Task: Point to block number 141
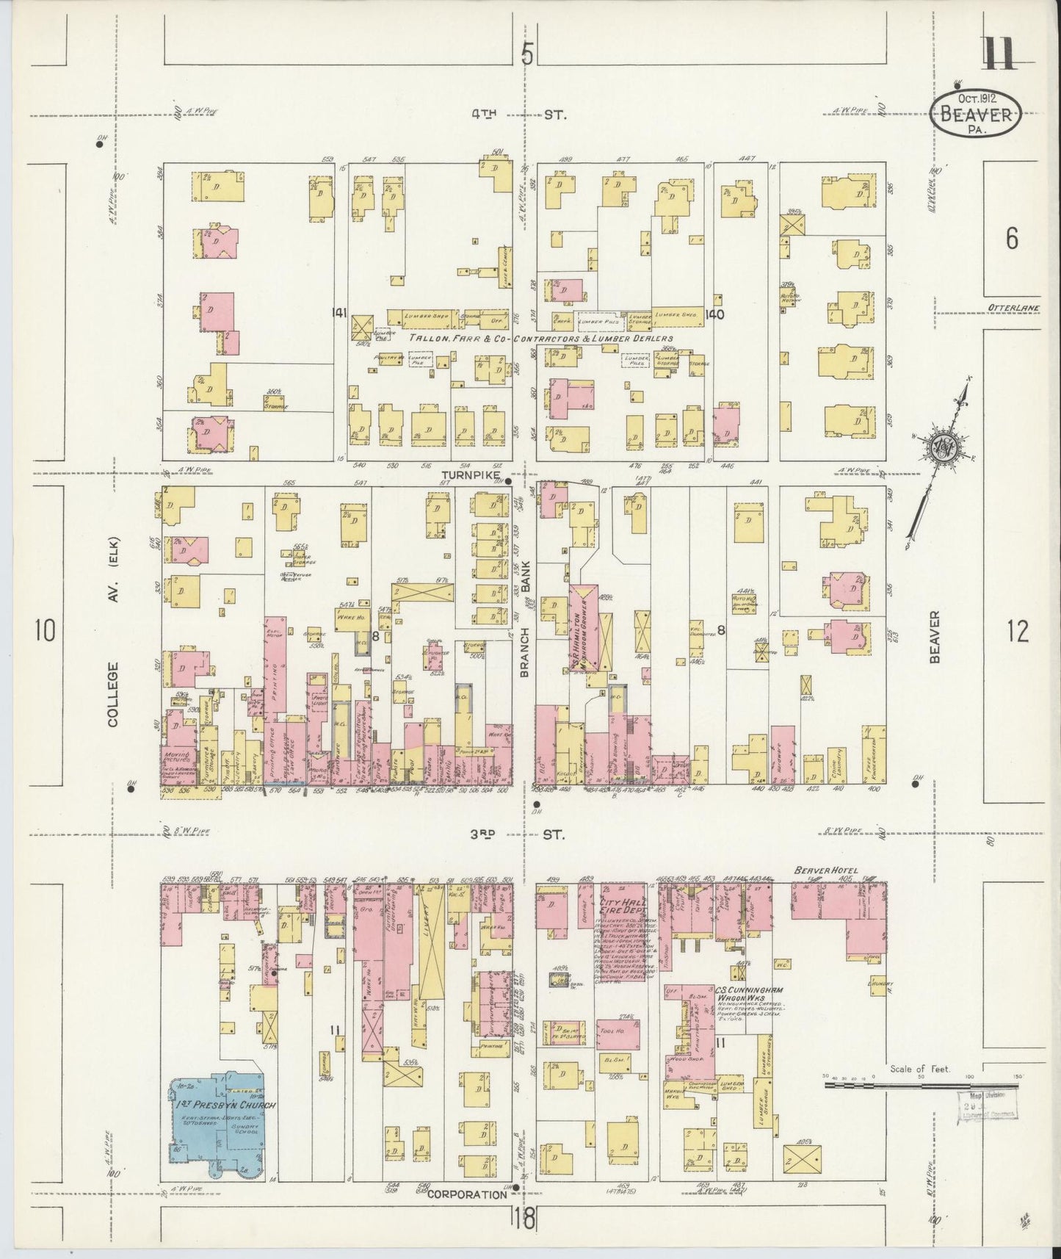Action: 338,314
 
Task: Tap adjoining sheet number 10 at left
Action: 45,630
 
